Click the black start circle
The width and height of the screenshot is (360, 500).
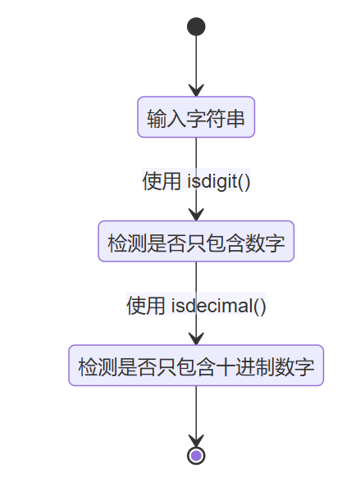pos(196,27)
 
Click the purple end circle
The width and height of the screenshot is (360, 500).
pos(196,455)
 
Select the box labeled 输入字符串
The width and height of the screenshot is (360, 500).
pos(196,118)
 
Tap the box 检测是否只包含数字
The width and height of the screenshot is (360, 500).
pos(196,242)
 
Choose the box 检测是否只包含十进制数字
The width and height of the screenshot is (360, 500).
pos(196,366)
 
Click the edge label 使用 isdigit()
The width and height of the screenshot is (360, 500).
pos(196,180)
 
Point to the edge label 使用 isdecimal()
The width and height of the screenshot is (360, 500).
pos(196,305)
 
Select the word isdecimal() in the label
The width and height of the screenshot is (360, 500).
pos(218,305)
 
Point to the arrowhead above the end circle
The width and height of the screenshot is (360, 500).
pos(196,440)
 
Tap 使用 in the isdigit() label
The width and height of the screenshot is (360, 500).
pos(161,180)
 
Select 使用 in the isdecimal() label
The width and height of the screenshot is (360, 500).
pos(144,305)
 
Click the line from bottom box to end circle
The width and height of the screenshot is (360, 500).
pos(196,410)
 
